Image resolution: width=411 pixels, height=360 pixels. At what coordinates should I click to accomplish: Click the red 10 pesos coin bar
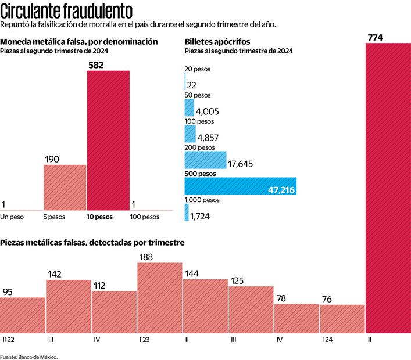[x=108, y=140]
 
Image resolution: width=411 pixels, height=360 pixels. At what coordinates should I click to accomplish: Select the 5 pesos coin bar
[x=65, y=187]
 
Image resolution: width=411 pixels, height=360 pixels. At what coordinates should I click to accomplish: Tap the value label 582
[x=96, y=65]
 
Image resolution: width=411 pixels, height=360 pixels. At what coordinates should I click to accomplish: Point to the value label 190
[x=53, y=159]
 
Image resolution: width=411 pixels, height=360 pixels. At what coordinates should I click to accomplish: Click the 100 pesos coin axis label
[x=144, y=217]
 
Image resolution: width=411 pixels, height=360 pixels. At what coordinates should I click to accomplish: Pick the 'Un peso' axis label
[x=12, y=217]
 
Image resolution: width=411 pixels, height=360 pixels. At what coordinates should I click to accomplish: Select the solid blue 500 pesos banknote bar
[x=241, y=186]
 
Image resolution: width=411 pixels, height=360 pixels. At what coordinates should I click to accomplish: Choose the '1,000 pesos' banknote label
[x=202, y=200]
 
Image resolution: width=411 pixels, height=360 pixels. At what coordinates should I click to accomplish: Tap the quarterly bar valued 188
[x=160, y=298]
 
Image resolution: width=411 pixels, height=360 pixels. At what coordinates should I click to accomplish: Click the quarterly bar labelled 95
[x=23, y=315]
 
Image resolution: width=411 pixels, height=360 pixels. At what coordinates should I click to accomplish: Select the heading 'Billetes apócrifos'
[x=217, y=42]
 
